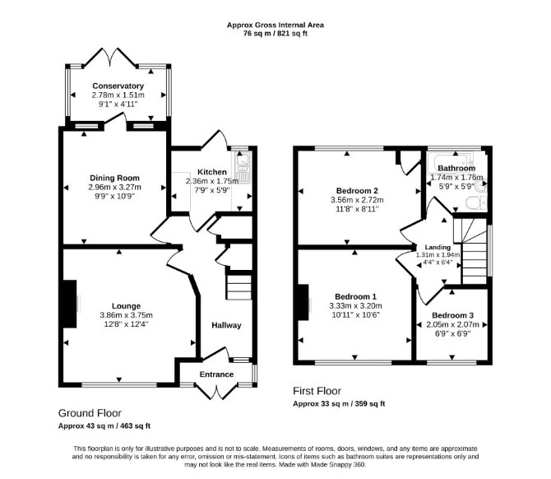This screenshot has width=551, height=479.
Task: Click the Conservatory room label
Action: coord(118,86)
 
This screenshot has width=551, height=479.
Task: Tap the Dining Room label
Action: coord(114,178)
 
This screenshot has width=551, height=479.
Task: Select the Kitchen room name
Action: coord(212,172)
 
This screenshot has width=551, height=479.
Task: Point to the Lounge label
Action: coord(126,306)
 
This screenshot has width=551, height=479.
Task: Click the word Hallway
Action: coord(226,325)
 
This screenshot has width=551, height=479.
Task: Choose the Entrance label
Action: coord(216,374)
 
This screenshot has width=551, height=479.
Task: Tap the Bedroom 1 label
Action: coord(355,296)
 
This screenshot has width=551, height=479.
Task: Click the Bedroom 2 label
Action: coord(357,191)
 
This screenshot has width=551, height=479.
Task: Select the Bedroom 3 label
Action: coord(452,315)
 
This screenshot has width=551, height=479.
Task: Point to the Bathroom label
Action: coord(456,168)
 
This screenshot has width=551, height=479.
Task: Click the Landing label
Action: coord(438,247)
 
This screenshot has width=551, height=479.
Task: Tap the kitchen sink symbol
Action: coord(243,168)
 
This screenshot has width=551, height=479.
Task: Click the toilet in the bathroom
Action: coord(476,203)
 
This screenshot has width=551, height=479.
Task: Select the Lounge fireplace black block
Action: coord(70,304)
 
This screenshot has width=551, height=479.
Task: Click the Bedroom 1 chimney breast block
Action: coord(303,302)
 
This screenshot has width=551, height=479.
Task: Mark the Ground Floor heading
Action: coord(90,413)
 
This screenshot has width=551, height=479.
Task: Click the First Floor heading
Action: coord(317,391)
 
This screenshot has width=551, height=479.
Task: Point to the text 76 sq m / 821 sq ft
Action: coord(275,34)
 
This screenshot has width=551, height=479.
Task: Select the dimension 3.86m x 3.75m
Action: coord(126,315)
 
